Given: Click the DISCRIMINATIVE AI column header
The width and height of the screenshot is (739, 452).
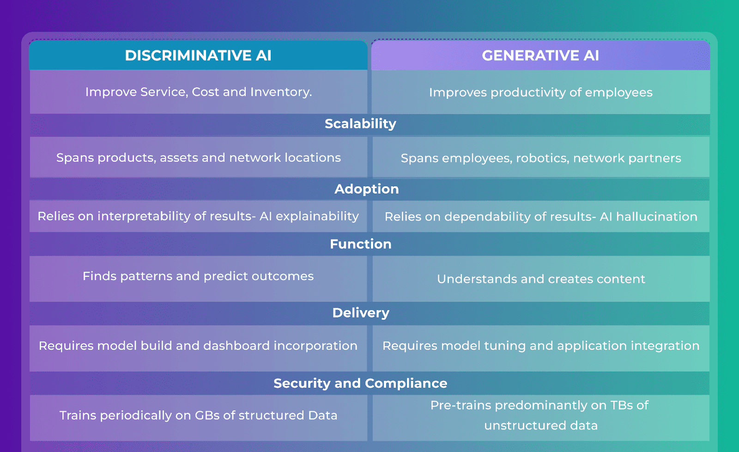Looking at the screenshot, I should click(198, 55).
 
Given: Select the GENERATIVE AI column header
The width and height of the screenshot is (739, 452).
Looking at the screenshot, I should click(540, 55).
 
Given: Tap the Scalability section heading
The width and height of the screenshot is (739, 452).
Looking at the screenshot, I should click(360, 124).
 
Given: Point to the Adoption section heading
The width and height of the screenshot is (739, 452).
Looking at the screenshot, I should click(366, 189).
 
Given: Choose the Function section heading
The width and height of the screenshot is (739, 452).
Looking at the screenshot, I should click(360, 244).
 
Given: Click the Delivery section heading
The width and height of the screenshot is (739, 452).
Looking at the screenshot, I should click(361, 313).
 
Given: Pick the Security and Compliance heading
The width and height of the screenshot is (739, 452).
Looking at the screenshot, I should click(360, 383).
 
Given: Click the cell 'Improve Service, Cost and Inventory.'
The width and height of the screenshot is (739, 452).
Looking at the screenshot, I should click(199, 92).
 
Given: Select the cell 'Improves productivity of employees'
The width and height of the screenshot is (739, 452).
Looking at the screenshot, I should click(540, 92).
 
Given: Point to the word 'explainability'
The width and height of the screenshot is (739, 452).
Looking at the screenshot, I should click(317, 216).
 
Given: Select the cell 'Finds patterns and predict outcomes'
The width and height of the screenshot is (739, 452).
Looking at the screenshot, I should click(198, 276).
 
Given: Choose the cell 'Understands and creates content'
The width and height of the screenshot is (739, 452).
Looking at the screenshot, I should click(541, 279).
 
